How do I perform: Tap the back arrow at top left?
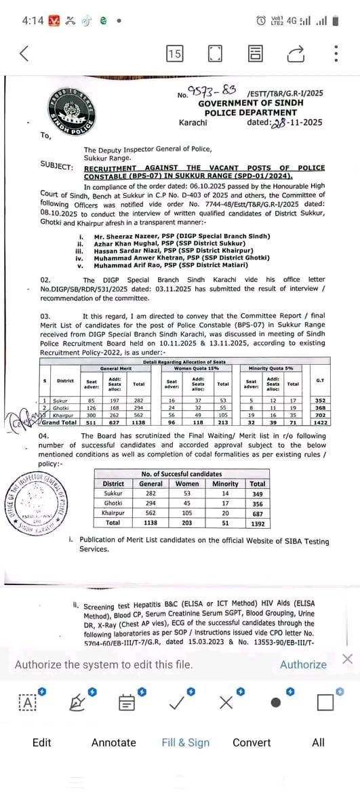[x=24, y=54]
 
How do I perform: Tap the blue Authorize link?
[x=303, y=664]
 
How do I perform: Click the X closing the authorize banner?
[x=347, y=659]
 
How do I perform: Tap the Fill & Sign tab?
[x=186, y=742]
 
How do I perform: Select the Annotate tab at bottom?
[x=114, y=742]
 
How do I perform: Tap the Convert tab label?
[x=252, y=742]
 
